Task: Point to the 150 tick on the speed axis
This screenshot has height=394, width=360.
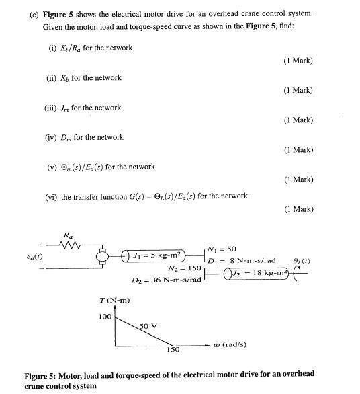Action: click(x=173, y=350)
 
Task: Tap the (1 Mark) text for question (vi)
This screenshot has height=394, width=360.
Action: click(x=299, y=209)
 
